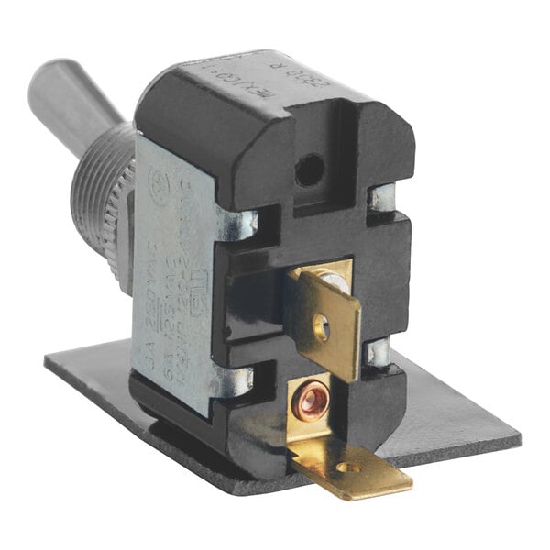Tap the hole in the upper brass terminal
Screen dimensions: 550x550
pyautogui.click(x=320, y=324)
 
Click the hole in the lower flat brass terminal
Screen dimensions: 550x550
pyautogui.click(x=344, y=467)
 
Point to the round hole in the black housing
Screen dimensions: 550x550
pyautogui.click(x=310, y=169)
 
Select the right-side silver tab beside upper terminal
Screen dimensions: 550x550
pyautogui.click(x=378, y=352)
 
